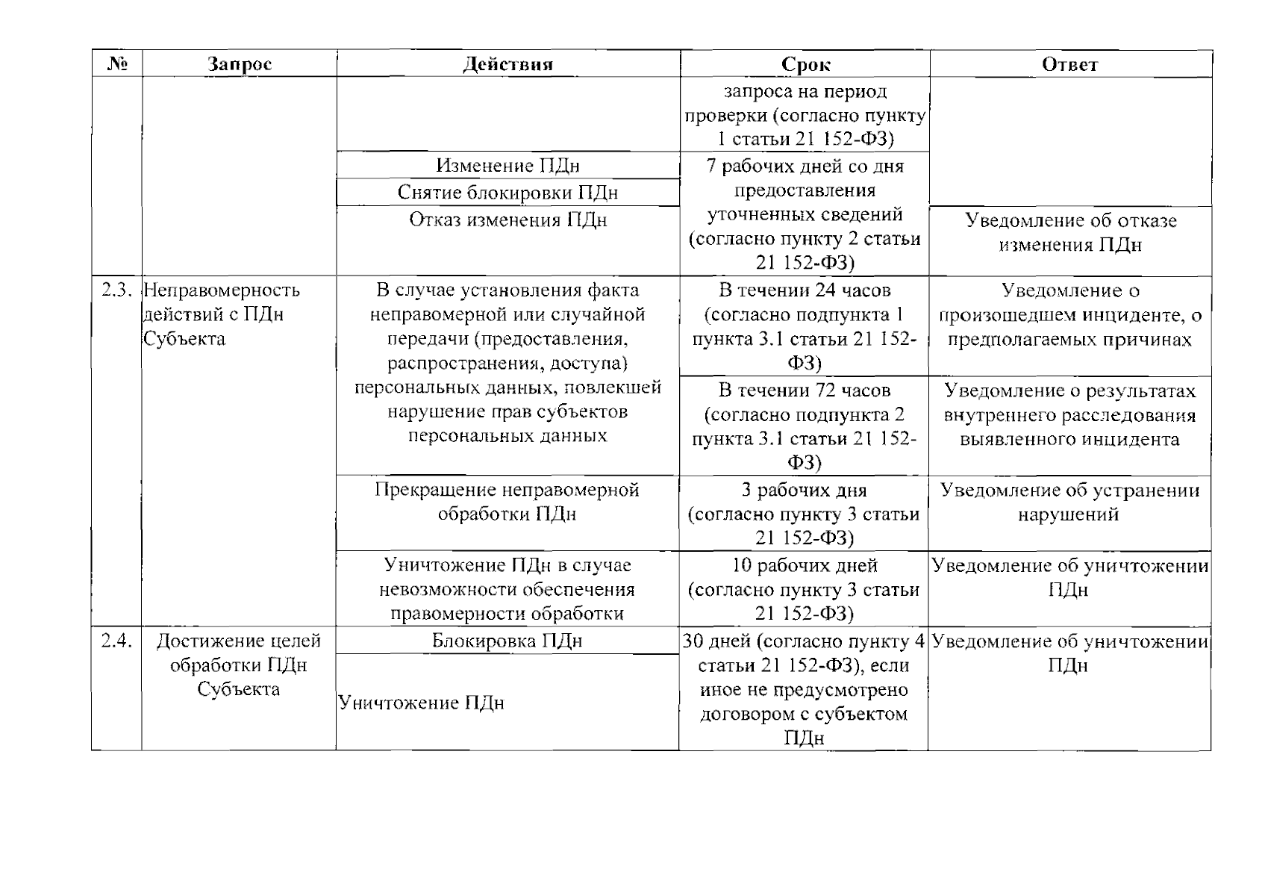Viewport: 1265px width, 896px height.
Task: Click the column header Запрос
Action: point(239,64)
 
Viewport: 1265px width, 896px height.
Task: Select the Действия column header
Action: point(507,64)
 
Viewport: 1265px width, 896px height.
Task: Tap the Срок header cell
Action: point(805,64)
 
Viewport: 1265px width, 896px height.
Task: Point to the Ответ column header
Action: point(1069,64)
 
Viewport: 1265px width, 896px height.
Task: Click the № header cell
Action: point(116,64)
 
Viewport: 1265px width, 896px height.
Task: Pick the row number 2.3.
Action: point(117,290)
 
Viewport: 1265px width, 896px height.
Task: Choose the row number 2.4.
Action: point(117,641)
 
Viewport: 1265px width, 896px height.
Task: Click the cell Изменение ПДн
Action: point(507,166)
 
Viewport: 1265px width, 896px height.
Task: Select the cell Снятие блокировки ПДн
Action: point(507,193)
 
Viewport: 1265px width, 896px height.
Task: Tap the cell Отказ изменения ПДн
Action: point(507,220)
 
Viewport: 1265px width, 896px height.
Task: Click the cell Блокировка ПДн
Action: point(507,641)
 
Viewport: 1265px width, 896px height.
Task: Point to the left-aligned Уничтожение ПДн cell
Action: point(422,703)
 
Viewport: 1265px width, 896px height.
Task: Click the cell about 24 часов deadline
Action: point(805,326)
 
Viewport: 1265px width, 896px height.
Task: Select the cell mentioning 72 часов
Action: point(805,426)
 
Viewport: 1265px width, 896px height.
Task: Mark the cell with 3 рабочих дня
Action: point(805,514)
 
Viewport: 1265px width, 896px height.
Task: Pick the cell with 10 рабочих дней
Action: point(805,589)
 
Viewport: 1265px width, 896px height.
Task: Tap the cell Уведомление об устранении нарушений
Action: point(1069,502)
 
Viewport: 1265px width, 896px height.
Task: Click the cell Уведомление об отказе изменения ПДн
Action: point(1070,232)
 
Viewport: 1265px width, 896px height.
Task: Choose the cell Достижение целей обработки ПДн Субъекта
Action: point(239,665)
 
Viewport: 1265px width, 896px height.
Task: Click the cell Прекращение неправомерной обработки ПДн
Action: point(507,502)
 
